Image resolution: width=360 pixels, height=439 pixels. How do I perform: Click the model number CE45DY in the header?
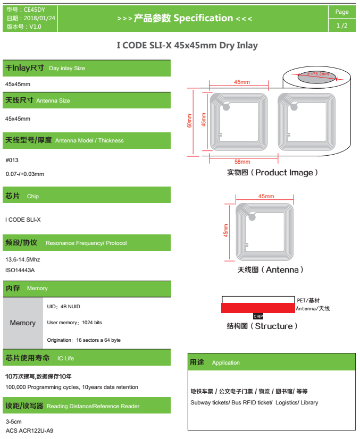[x=34, y=10]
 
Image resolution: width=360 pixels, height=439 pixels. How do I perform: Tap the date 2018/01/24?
[x=39, y=18]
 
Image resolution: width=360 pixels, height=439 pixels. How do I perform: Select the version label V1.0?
[x=35, y=27]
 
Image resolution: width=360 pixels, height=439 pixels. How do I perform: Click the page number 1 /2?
[x=342, y=26]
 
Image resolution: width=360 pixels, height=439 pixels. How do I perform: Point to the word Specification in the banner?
[x=203, y=18]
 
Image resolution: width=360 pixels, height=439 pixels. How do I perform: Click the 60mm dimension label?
[x=190, y=121]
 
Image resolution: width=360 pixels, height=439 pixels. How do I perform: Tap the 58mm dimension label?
[x=242, y=162]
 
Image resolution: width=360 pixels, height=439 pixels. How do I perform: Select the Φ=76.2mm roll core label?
[x=317, y=74]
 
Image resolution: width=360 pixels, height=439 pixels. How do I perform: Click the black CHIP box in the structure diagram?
[x=258, y=316]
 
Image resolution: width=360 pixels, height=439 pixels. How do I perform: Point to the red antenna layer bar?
[x=258, y=308]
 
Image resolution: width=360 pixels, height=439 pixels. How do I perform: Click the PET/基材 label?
[x=308, y=300]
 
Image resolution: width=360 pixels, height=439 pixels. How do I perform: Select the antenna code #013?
[x=12, y=160]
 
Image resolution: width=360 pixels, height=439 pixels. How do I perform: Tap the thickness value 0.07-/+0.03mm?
[x=25, y=174]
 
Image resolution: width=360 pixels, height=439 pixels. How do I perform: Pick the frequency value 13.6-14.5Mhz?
[x=23, y=259]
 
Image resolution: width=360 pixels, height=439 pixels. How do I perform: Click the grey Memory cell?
[x=23, y=323]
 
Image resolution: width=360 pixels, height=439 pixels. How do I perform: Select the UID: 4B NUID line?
[x=64, y=307]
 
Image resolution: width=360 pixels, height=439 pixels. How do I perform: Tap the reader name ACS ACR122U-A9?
[x=29, y=430]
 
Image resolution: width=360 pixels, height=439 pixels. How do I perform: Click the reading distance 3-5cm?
[x=14, y=421]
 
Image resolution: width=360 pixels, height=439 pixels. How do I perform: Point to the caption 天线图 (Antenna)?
[x=270, y=269]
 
